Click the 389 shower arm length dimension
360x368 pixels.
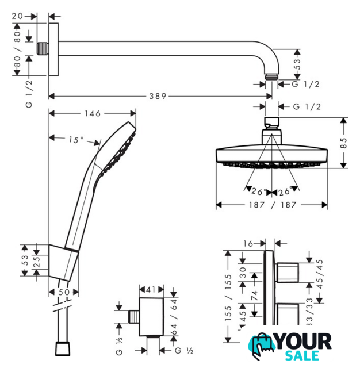[158, 96]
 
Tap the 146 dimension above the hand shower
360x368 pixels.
[93, 114]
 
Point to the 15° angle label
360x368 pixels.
[76, 140]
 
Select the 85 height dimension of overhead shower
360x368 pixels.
[343, 143]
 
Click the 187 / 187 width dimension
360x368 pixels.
[272, 205]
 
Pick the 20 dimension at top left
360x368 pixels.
[18, 16]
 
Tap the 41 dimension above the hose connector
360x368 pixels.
[151, 290]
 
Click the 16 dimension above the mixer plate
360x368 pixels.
[248, 244]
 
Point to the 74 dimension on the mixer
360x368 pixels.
[254, 296]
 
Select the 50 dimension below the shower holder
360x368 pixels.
[64, 292]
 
